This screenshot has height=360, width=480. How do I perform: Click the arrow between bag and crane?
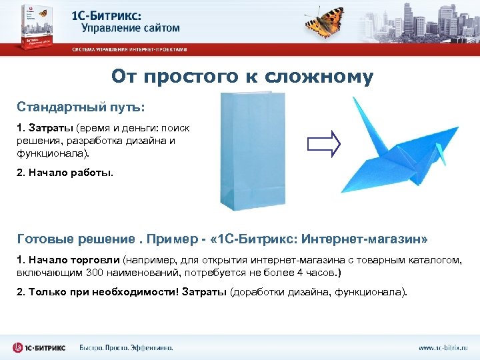(324, 143)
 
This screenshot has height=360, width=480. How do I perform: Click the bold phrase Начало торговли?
(74, 259)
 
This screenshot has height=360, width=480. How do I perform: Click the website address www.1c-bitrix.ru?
(443, 347)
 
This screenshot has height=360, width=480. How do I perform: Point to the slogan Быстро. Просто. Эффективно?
(126, 347)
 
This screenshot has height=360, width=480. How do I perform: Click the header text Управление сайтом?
(131, 28)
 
